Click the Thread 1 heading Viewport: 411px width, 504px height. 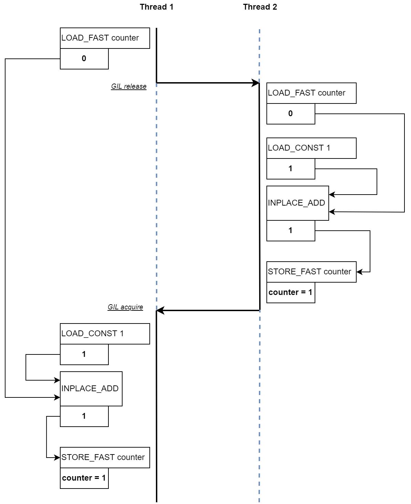(x=156, y=7)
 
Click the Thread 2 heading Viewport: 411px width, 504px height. (x=260, y=7)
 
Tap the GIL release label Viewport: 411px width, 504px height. (x=129, y=86)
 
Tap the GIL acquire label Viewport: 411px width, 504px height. (x=125, y=307)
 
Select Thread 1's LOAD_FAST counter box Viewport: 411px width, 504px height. (x=105, y=38)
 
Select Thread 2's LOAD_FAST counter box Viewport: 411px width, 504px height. (x=311, y=93)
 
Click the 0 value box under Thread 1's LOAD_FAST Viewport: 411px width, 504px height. (x=84, y=59)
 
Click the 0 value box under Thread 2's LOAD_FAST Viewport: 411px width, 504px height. (x=291, y=114)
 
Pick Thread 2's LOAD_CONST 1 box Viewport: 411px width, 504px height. (x=311, y=148)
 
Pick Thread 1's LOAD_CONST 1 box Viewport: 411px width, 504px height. (x=105, y=334)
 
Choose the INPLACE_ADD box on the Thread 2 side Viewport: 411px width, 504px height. (x=297, y=203)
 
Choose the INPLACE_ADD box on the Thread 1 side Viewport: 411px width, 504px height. (x=91, y=389)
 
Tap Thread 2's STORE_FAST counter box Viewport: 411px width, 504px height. (x=311, y=272)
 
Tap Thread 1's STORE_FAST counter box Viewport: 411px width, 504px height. (x=105, y=458)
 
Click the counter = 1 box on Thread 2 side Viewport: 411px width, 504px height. (x=291, y=293)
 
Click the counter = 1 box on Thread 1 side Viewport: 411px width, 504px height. (x=84, y=478)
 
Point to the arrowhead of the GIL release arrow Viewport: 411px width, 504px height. (x=256, y=83)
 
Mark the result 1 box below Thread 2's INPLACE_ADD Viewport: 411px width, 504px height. (x=291, y=231)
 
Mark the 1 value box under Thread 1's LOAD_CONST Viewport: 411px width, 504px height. (x=84, y=354)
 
